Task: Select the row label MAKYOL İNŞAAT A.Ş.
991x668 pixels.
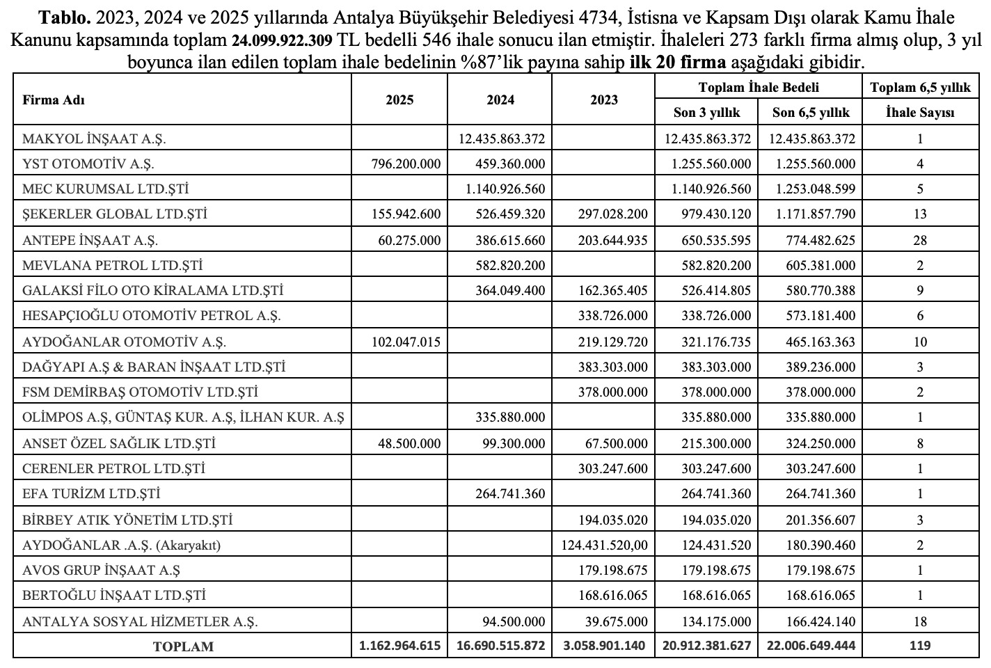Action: point(94,138)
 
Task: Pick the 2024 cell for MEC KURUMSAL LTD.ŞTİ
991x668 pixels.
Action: point(500,189)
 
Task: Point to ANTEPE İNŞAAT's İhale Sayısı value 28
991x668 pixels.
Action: point(920,240)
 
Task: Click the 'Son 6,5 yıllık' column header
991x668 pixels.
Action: point(811,113)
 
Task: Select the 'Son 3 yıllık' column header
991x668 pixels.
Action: point(706,113)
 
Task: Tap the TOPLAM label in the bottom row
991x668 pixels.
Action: point(183,646)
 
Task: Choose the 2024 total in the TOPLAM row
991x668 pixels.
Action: point(500,646)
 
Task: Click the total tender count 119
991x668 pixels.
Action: point(920,646)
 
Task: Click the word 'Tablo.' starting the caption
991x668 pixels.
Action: point(65,17)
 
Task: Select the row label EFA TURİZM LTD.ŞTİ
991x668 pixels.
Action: point(91,493)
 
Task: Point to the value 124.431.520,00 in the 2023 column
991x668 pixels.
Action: point(603,545)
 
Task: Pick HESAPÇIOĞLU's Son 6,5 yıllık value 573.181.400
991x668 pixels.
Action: point(812,315)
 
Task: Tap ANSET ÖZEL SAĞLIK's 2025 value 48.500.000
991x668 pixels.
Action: point(406,443)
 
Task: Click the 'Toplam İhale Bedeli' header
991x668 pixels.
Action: point(759,87)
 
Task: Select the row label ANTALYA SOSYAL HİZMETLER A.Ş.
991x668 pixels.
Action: point(140,621)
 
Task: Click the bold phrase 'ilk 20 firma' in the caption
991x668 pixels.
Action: point(677,62)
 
